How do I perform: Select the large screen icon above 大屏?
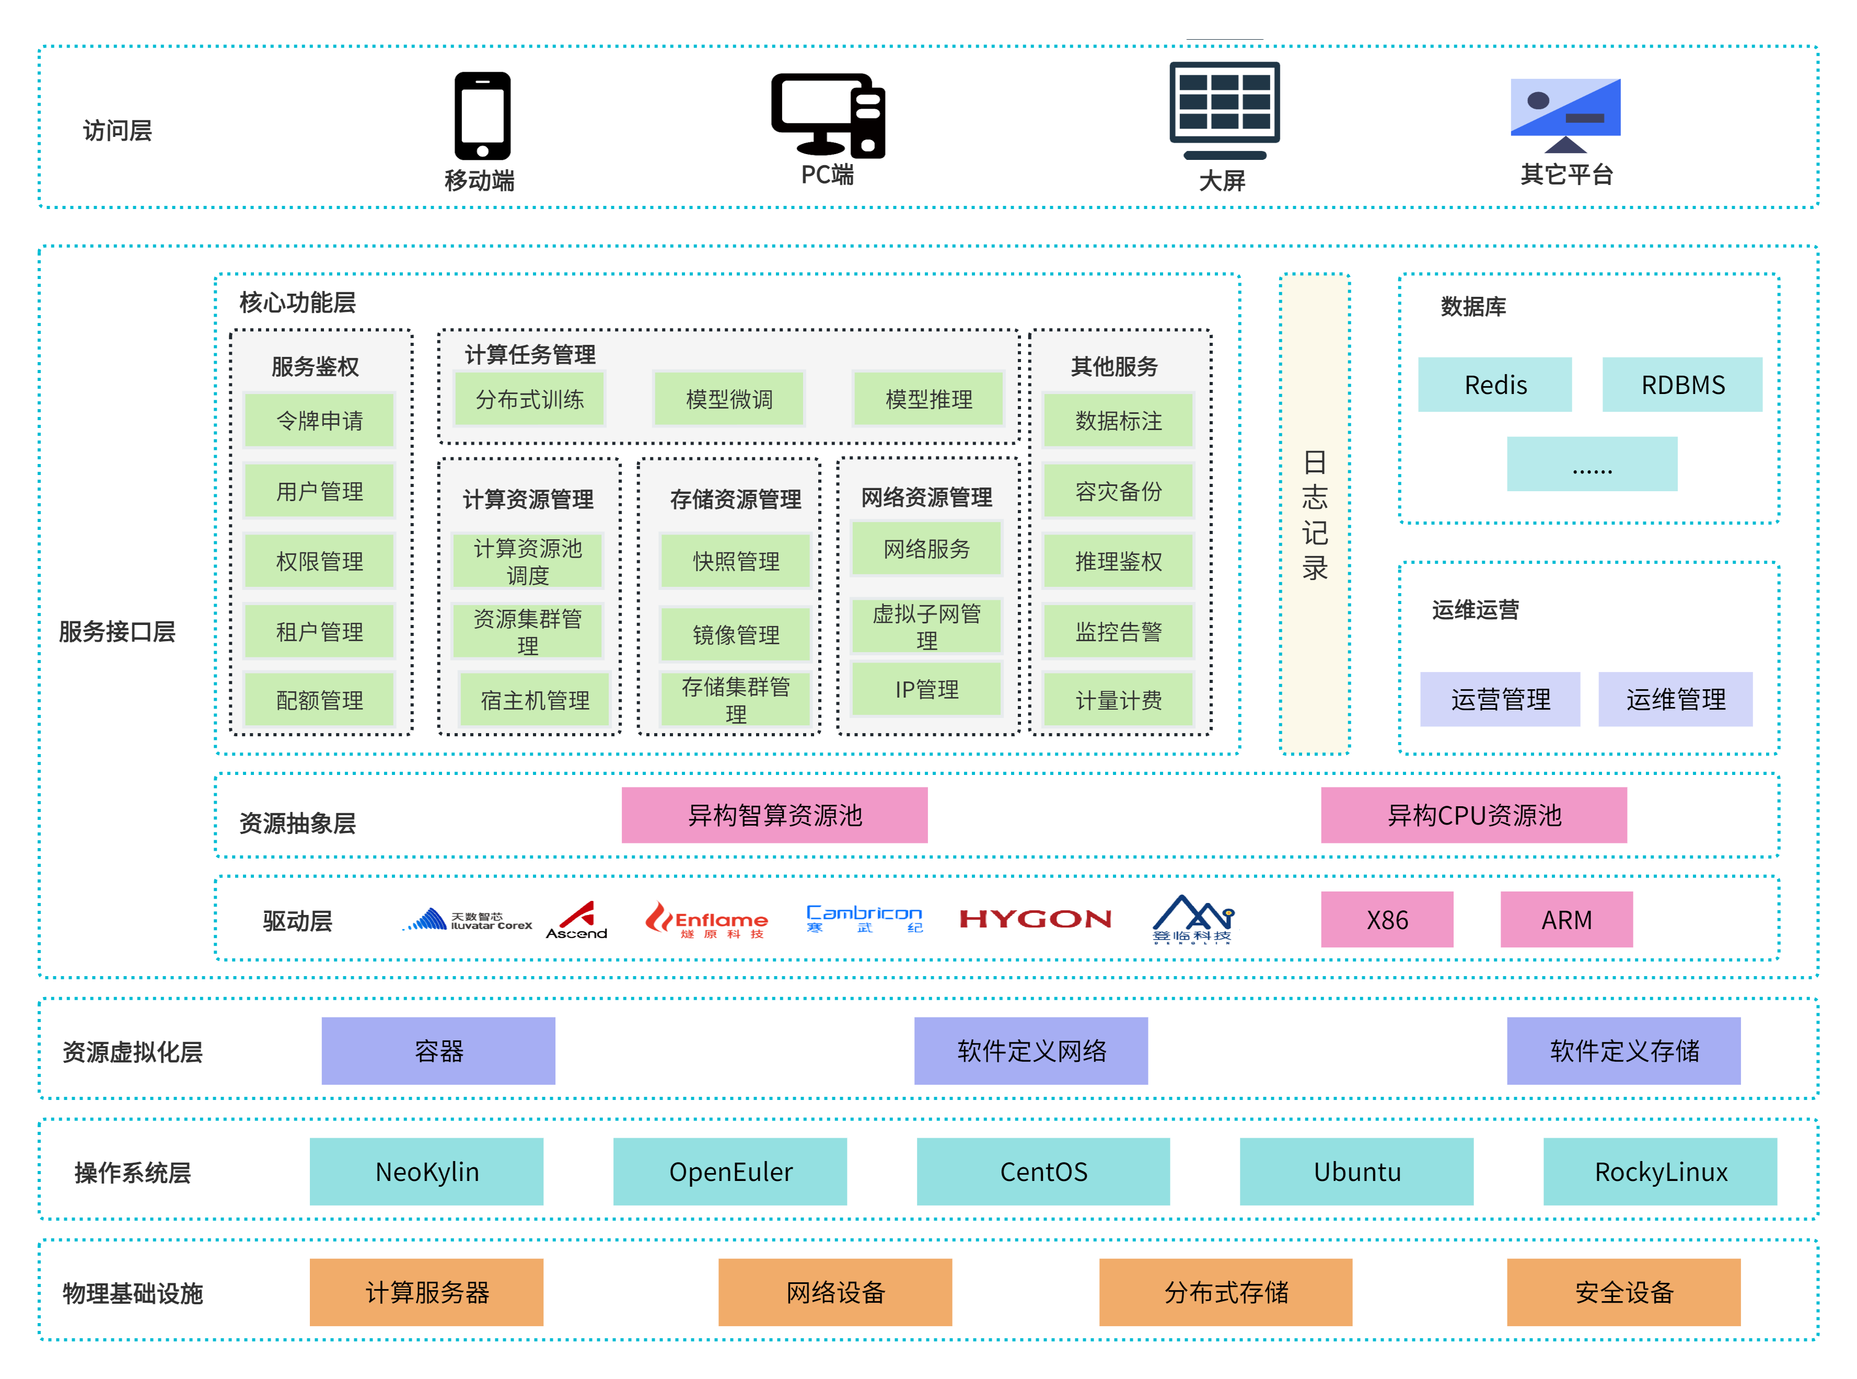click(1224, 109)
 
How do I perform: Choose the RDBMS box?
click(1682, 385)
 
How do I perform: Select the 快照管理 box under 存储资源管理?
click(735, 561)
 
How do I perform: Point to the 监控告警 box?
click(1118, 632)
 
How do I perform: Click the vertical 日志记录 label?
click(1315, 514)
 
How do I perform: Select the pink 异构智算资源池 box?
click(774, 815)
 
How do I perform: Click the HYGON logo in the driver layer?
click(1035, 919)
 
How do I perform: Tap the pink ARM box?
click(1566, 919)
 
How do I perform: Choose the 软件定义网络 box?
click(1031, 1050)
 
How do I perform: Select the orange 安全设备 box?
click(1623, 1292)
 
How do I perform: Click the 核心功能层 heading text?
click(297, 302)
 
